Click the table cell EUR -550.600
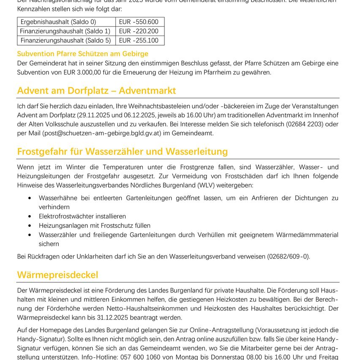point(139,22)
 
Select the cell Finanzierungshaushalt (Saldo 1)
point(65,31)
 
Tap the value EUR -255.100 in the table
point(139,41)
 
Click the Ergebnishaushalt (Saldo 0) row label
point(58,22)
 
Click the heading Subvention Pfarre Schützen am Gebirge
point(82,54)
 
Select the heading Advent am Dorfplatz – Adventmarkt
point(96,91)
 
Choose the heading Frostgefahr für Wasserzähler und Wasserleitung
point(123,152)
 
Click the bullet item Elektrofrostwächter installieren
point(82,216)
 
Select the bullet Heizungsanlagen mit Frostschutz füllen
point(94,226)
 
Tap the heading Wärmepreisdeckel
point(57,275)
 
